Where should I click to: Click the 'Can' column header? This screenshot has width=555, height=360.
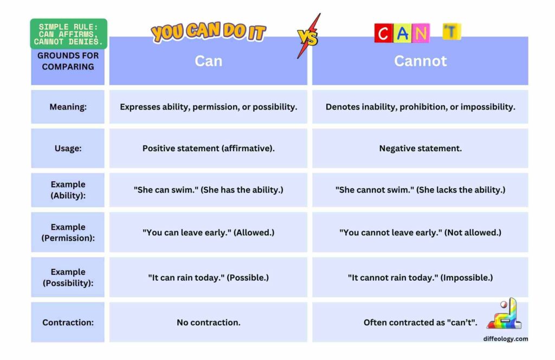click(x=209, y=61)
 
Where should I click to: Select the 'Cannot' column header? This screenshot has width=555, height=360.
click(x=420, y=61)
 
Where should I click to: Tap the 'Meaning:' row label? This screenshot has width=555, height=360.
click(x=68, y=107)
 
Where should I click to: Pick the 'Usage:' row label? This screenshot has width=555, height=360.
click(x=68, y=148)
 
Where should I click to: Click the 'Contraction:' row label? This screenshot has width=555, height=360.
click(x=68, y=322)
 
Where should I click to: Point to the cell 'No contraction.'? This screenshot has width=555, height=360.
click(x=209, y=322)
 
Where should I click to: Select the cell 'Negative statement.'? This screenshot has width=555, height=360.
click(x=420, y=148)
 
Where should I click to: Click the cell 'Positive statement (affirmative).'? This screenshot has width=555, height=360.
click(x=209, y=148)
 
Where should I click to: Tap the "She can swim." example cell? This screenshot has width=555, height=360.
click(x=209, y=190)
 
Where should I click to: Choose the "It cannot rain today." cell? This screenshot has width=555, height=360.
click(x=420, y=278)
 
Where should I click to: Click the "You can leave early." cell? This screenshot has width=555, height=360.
click(x=209, y=232)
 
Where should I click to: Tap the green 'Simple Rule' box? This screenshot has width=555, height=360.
click(x=68, y=34)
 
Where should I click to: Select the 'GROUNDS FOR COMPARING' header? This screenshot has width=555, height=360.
click(x=68, y=61)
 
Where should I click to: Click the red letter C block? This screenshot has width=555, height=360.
click(x=383, y=34)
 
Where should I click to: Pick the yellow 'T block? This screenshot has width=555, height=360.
click(x=451, y=32)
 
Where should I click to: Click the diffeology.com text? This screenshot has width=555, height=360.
click(x=506, y=339)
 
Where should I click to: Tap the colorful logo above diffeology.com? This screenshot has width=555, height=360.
click(x=505, y=314)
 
